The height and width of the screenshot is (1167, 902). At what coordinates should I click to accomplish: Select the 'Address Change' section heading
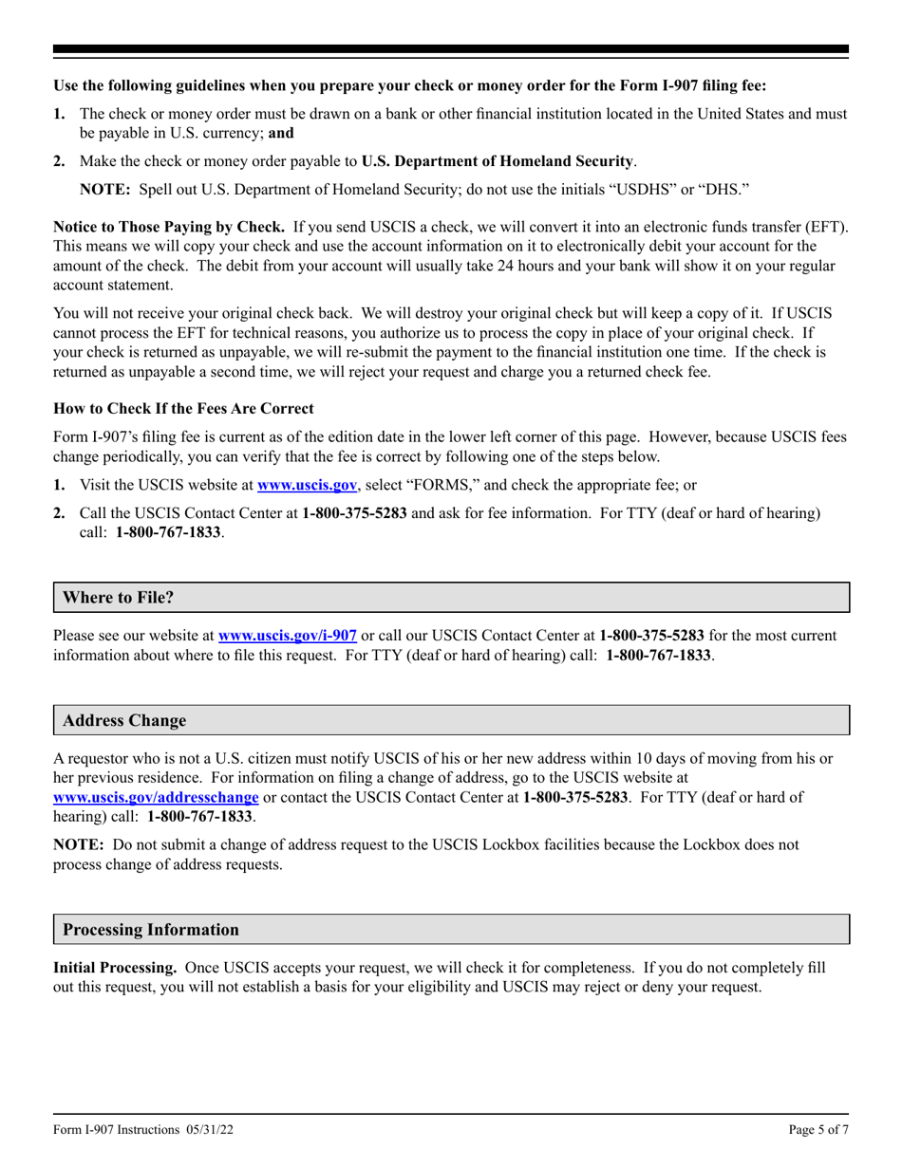pos(124,720)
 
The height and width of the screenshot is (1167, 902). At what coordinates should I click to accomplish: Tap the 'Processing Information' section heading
pos(151,929)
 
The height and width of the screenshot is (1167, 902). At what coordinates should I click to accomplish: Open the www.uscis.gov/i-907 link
pos(288,636)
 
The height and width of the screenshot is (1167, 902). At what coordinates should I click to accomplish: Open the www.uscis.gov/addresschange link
pos(156,798)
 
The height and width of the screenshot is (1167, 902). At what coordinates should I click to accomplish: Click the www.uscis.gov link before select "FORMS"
pos(308,485)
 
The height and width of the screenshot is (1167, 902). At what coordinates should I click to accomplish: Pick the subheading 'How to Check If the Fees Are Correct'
pos(183,408)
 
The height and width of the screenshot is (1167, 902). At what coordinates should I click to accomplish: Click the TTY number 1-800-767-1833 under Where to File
pos(658,655)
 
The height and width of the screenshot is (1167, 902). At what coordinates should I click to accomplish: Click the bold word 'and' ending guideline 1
pos(281,133)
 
